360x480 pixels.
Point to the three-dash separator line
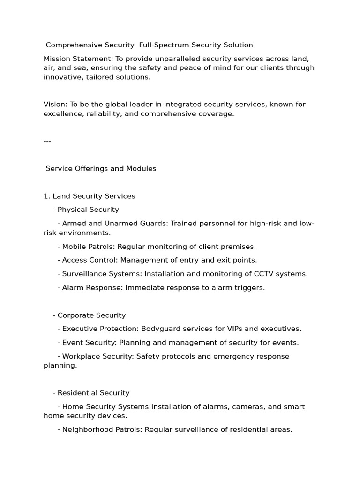pos(47,141)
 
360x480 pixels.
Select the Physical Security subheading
pos(88,210)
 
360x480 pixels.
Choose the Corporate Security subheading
pos(91,315)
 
